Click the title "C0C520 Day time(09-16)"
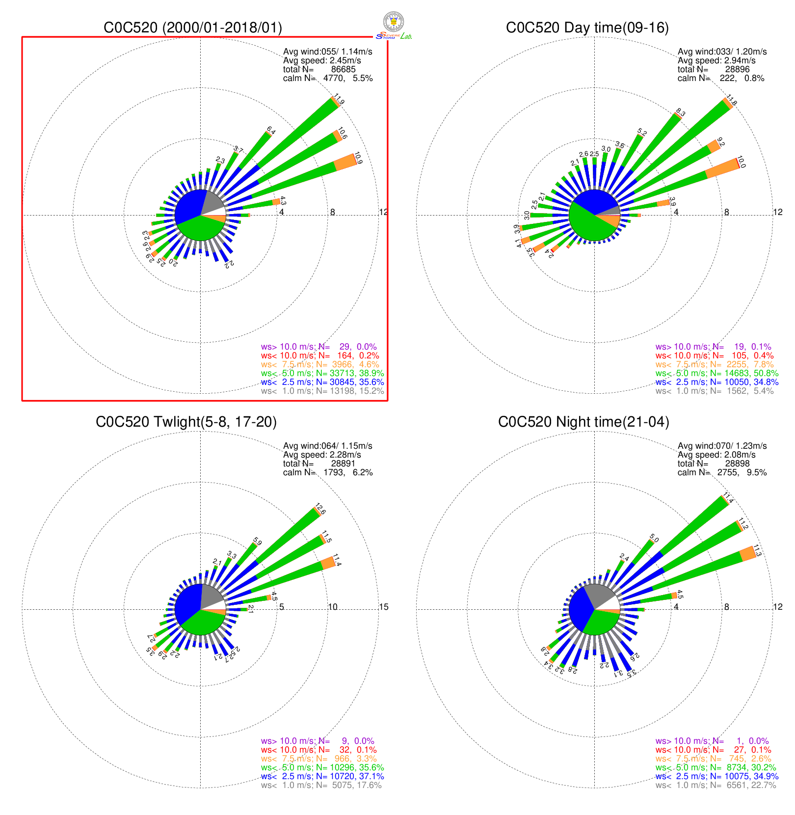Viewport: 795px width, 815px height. pos(587,27)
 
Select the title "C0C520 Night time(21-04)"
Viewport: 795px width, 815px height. pos(583,422)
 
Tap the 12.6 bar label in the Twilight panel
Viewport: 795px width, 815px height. pos(320,509)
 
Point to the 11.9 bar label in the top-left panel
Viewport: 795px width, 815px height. pos(339,100)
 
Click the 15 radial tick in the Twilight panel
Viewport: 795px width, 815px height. pos(384,607)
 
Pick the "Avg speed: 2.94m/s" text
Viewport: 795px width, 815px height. pos(716,60)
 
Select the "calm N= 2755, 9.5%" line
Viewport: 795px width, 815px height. pos(722,472)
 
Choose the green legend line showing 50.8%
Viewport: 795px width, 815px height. pos(717,373)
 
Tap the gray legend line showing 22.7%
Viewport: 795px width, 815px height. pos(715,785)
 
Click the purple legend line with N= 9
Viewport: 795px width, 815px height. pos(318,741)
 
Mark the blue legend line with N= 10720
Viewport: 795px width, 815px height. pos(322,776)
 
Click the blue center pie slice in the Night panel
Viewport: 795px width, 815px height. pos(581,607)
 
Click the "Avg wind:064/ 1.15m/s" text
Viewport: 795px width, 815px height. pos(327,446)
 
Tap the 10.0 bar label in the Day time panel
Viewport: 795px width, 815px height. pos(741,163)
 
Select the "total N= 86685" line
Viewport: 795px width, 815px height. pos(319,69)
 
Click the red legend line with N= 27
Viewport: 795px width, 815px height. pos(714,750)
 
